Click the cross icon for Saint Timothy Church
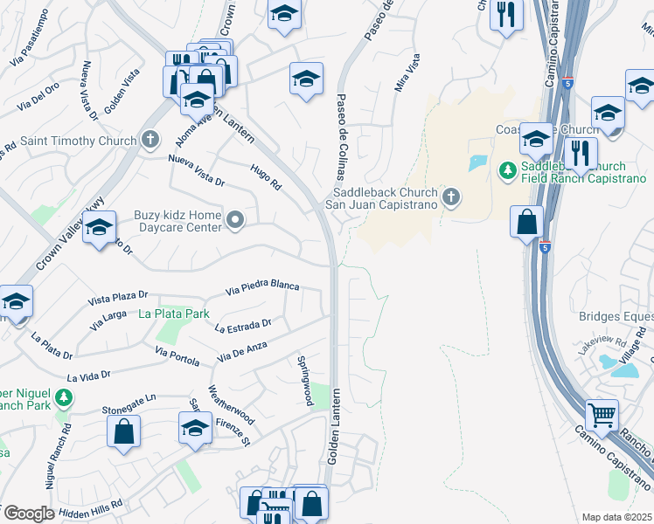click(150, 140)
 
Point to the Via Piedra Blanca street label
click(262, 286)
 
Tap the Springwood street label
click(304, 380)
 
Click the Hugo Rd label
click(266, 178)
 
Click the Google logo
click(28, 514)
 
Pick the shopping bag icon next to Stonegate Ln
click(123, 430)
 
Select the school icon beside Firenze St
click(195, 428)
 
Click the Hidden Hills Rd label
click(92, 505)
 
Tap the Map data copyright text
click(617, 517)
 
